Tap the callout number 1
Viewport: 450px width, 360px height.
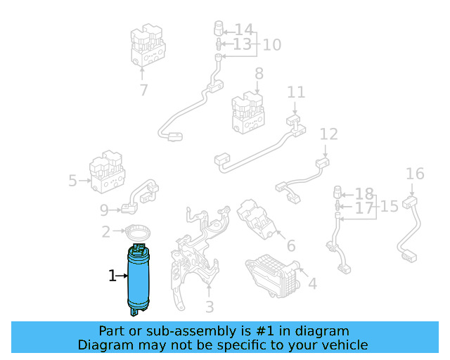[x=112, y=276]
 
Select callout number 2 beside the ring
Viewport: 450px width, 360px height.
[x=106, y=231]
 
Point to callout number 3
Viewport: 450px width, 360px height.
[x=209, y=307]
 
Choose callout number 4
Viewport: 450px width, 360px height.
[x=312, y=284]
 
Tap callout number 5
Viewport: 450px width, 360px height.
[x=72, y=181]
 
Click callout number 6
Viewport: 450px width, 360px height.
[x=290, y=246]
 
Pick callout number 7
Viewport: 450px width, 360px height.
[x=143, y=90]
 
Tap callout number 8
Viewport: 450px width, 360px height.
[x=259, y=73]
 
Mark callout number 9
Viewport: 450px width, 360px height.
[x=105, y=209]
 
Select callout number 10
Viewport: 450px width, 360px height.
[x=271, y=45]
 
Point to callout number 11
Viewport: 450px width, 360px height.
[x=296, y=92]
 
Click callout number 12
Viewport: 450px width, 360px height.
[x=329, y=134]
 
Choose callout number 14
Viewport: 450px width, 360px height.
[x=243, y=30]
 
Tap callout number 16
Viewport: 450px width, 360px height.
[x=415, y=174]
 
